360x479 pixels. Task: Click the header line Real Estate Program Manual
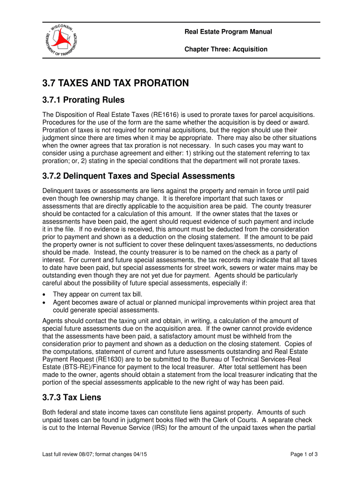[x=228, y=32]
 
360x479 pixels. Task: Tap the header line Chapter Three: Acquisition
[x=226, y=49]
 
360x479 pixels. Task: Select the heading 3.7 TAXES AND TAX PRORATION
[x=115, y=83]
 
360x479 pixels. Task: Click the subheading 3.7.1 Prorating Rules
[x=83, y=100]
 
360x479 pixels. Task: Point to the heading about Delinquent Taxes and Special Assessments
[x=138, y=176]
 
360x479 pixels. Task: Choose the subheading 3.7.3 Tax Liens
[x=72, y=398]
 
